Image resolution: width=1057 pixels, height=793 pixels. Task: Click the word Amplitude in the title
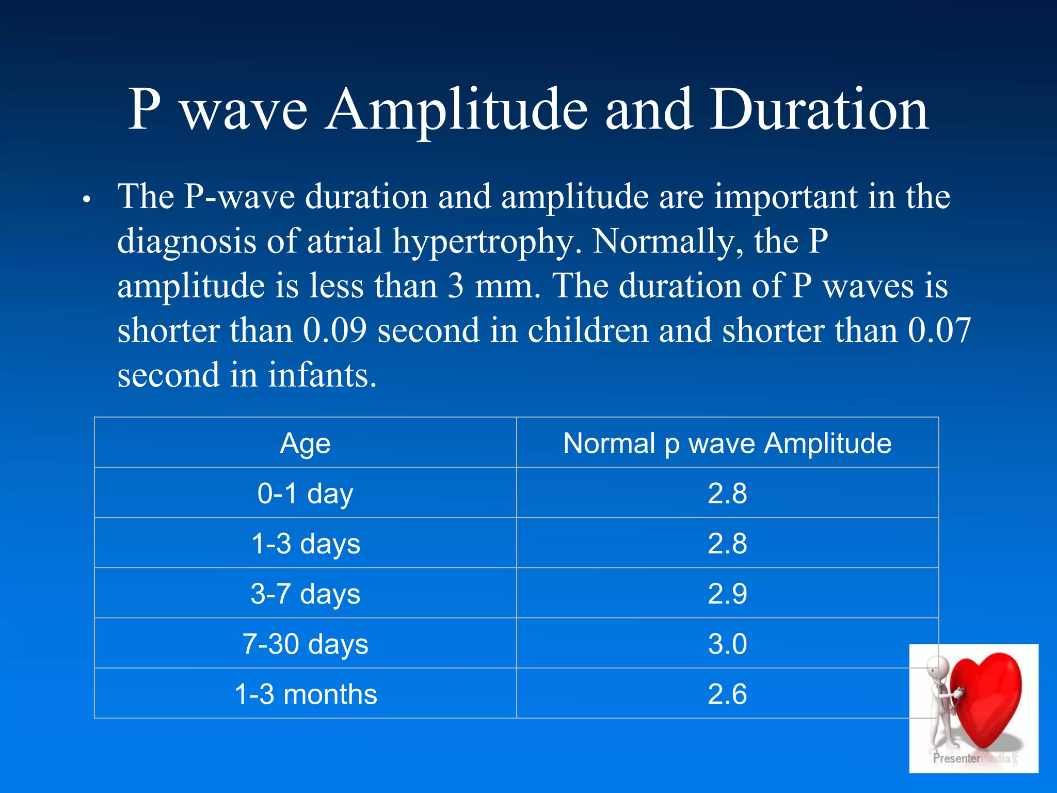[x=456, y=109]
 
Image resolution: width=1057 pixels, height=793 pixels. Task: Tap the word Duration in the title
[x=819, y=109]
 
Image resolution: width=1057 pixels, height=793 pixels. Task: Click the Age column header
[x=305, y=443]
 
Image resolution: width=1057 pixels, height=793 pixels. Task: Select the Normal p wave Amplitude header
[x=727, y=443]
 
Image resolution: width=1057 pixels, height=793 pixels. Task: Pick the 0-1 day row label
[x=305, y=494]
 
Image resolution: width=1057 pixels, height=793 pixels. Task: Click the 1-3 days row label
[x=305, y=544]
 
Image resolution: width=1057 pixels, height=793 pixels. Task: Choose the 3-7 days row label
[x=305, y=594]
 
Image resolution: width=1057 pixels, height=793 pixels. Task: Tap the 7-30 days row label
[x=305, y=644]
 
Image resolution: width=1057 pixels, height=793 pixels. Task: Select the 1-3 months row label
[x=305, y=694]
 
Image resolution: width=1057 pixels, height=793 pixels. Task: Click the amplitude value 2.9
[x=727, y=594]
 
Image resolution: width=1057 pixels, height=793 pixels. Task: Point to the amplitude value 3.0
[x=727, y=644]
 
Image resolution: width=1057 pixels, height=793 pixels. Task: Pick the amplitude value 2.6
[x=727, y=694]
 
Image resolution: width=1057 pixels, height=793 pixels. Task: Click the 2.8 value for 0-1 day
[x=727, y=494]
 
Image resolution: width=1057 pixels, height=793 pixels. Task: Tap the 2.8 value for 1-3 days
[x=727, y=544]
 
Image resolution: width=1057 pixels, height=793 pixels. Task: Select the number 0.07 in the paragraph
[x=939, y=330]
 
